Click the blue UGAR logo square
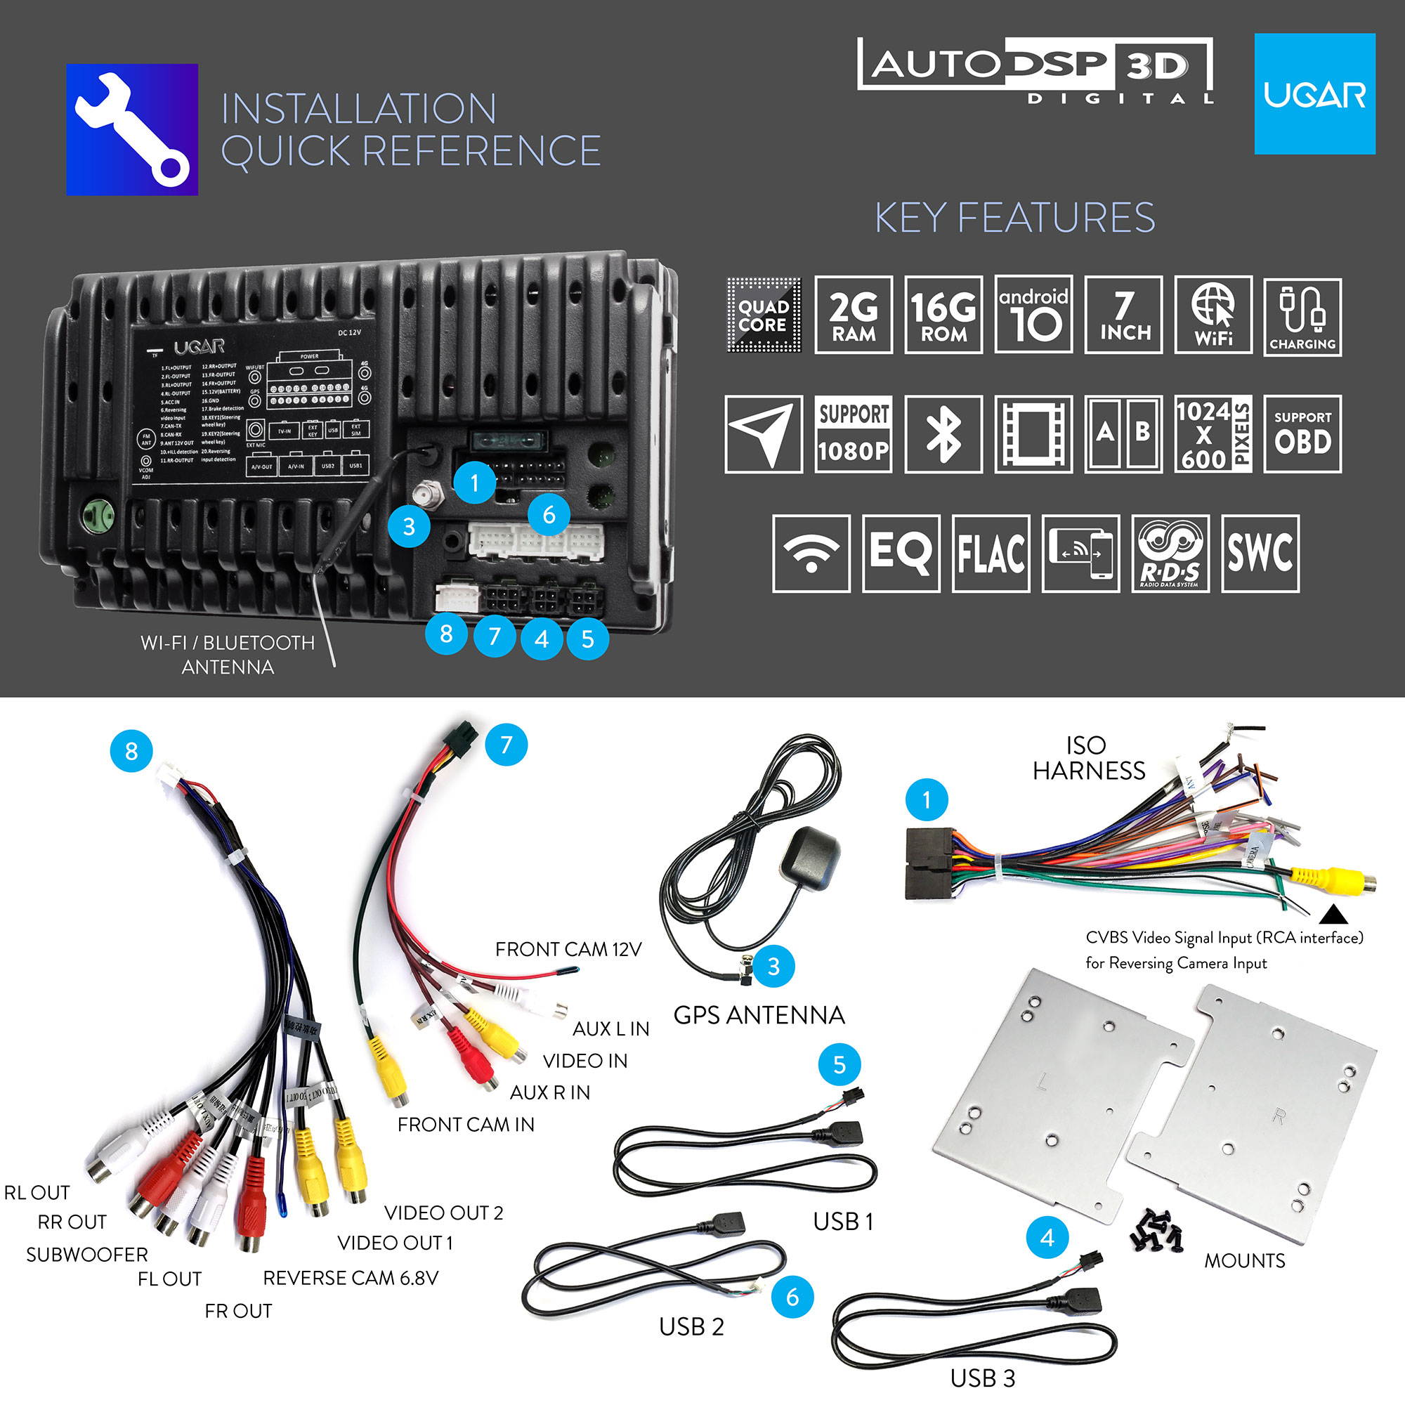point(1314,94)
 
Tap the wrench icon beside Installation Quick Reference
point(131,129)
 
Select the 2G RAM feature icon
point(853,315)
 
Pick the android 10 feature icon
point(1033,315)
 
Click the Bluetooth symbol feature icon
point(943,434)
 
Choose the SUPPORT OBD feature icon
point(1302,434)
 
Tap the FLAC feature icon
point(991,554)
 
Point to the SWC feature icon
point(1260,554)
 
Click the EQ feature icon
point(901,554)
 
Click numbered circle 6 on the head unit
point(549,515)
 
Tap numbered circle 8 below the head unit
point(447,634)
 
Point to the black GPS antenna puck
point(809,858)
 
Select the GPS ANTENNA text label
point(759,1015)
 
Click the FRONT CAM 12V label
point(568,950)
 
